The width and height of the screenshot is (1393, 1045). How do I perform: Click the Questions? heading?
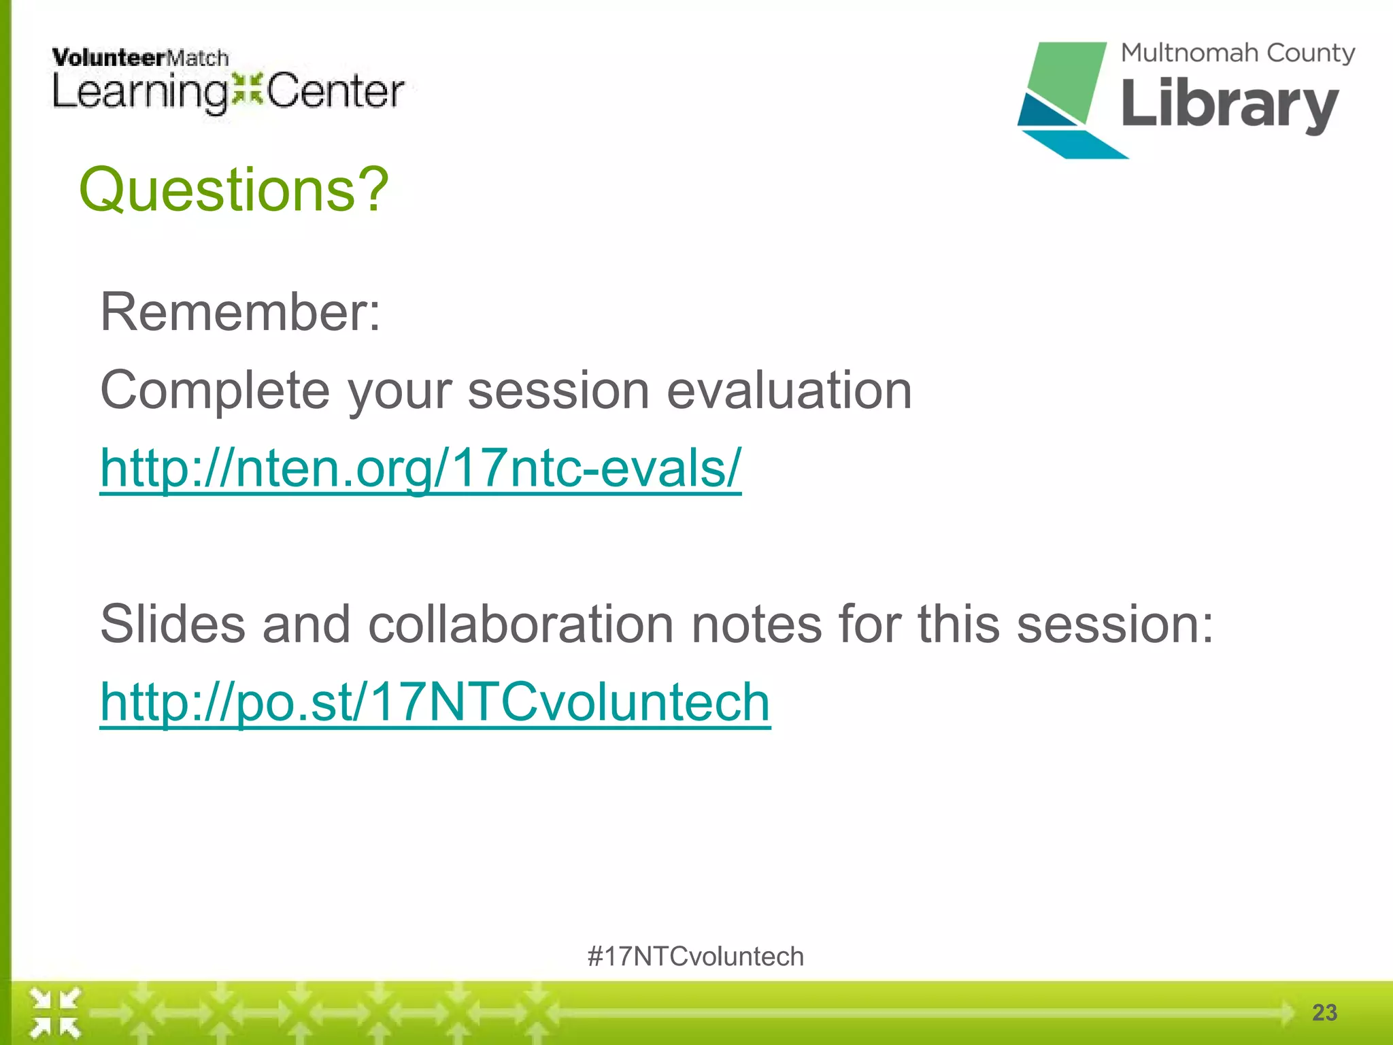(233, 190)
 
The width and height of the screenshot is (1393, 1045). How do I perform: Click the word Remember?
(240, 312)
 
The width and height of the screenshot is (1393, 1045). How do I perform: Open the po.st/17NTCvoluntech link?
(435, 702)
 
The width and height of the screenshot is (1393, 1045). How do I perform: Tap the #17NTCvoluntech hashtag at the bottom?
(695, 957)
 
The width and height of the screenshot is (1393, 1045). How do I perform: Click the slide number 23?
(1324, 1012)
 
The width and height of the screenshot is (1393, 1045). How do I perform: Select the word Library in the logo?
(1229, 105)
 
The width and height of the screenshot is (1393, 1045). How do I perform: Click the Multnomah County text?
(1237, 53)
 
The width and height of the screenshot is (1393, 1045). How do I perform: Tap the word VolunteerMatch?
(140, 58)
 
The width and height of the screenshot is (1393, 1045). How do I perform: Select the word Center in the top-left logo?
(335, 92)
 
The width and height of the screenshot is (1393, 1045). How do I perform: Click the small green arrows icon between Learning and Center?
(246, 90)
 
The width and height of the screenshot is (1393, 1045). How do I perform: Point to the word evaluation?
(788, 391)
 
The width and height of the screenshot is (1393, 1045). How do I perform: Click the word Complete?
(215, 391)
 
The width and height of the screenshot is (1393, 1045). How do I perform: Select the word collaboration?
(520, 625)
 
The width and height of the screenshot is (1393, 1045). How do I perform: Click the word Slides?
(172, 625)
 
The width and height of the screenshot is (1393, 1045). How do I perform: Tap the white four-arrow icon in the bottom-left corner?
(56, 1012)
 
